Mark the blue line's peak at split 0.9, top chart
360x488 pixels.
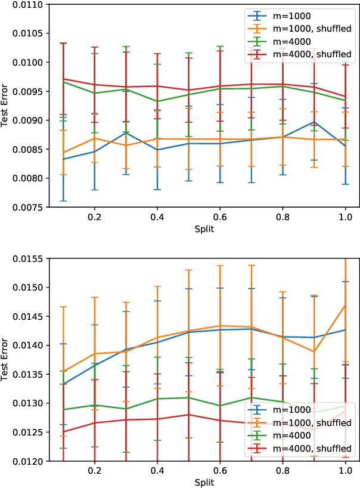(x=314, y=122)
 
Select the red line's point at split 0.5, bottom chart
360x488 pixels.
(x=188, y=415)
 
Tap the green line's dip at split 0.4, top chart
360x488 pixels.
(x=157, y=101)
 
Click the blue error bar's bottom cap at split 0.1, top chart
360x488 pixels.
(x=63, y=201)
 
